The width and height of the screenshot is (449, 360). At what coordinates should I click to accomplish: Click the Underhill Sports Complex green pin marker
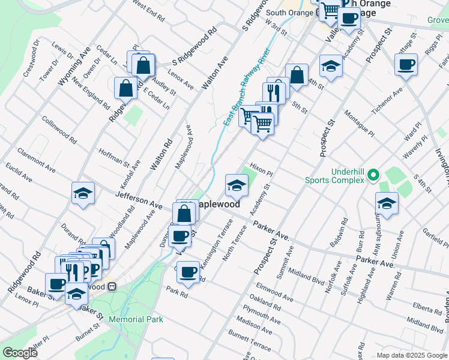pyautogui.click(x=373, y=175)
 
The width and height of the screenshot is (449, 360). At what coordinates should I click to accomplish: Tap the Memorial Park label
pyautogui.click(x=136, y=319)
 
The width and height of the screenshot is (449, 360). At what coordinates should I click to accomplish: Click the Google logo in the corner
pyautogui.click(x=20, y=353)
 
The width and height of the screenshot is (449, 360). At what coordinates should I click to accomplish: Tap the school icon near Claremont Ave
pyautogui.click(x=83, y=193)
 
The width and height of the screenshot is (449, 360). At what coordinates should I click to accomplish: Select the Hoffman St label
pyautogui.click(x=114, y=158)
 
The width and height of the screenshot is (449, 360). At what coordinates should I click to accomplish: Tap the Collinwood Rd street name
pyautogui.click(x=59, y=130)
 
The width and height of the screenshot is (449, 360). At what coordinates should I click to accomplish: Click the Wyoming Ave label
pyautogui.click(x=74, y=66)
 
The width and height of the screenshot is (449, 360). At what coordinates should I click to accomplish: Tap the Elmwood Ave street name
pyautogui.click(x=274, y=292)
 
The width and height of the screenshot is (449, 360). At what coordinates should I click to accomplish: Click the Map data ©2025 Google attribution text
pyautogui.click(x=412, y=355)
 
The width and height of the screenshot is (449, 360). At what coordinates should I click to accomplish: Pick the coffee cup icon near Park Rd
pyautogui.click(x=188, y=271)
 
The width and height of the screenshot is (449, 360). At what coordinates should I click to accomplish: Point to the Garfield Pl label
pyautogui.click(x=433, y=238)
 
